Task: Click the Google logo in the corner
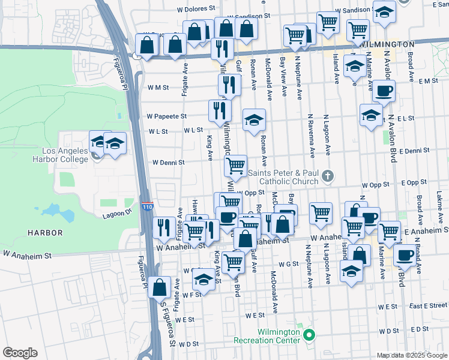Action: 20,353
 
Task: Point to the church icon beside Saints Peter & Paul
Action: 327,176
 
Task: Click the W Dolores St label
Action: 196,9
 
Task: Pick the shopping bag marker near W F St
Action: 160,287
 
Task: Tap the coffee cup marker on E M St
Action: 384,91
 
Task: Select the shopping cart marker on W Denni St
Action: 236,163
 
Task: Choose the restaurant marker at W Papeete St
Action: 220,110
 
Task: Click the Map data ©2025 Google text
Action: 412,355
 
